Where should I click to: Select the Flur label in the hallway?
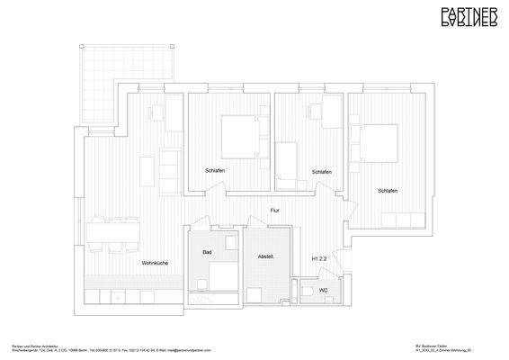click(278, 211)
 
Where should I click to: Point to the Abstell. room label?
click(265, 256)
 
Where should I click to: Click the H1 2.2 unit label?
click(319, 258)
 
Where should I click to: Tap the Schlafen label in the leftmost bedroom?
click(215, 171)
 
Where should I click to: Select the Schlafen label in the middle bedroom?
click(321, 171)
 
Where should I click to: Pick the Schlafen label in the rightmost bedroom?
click(388, 191)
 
